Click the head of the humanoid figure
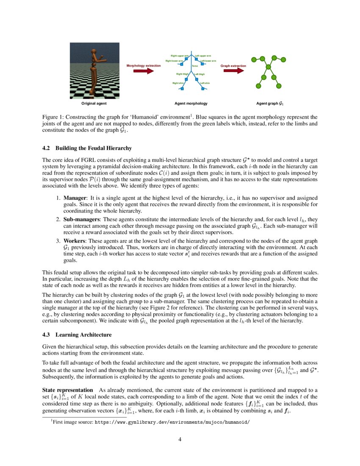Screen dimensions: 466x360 coord(94,52)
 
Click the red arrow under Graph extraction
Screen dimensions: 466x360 coord(234,71)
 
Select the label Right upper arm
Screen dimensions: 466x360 coord(180,55)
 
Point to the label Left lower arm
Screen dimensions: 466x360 coord(208,61)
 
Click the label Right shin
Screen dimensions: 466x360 coord(178,83)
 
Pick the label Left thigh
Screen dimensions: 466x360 coord(199,74)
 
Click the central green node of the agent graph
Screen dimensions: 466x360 coord(268,67)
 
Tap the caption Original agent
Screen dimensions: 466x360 coord(94,103)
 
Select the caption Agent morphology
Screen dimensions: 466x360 coord(191,103)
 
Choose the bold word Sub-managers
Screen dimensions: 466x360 coord(81,219)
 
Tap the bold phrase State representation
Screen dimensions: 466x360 coord(67,390)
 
